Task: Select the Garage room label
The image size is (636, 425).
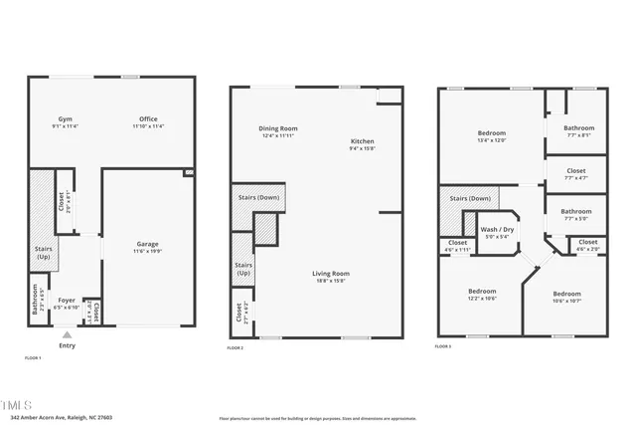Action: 147,244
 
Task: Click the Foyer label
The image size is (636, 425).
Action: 67,300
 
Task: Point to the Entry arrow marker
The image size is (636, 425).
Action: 67,334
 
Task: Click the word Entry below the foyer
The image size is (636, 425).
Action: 67,345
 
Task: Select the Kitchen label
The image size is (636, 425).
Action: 362,142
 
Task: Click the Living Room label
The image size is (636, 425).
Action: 331,273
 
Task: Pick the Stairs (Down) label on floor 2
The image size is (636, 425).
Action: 258,197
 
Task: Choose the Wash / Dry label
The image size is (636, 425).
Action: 496,230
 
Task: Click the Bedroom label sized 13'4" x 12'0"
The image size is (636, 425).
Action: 492,133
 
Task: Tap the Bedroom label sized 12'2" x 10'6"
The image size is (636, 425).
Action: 483,291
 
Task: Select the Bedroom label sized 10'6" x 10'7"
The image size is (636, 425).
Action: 566,294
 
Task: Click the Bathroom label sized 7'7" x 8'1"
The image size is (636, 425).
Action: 578,127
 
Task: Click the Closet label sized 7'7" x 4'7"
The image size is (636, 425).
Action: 576,170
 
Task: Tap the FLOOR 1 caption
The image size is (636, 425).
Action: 33,357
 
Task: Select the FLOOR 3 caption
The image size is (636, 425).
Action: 443,346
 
